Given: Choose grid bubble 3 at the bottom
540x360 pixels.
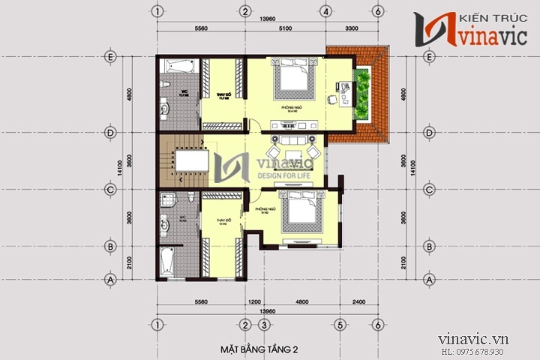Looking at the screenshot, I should click(x=264, y=325).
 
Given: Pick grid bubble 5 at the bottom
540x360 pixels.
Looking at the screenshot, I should click(x=340, y=325).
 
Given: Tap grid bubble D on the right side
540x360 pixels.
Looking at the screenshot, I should click(x=430, y=133).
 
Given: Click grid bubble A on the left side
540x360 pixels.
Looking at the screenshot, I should click(x=111, y=279).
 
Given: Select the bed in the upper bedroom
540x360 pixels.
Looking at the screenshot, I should click(x=292, y=79).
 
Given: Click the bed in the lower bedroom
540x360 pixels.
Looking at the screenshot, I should click(x=299, y=216).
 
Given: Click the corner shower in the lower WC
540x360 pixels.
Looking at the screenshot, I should click(x=167, y=200).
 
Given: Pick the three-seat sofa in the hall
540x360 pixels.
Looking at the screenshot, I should click(x=292, y=142).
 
